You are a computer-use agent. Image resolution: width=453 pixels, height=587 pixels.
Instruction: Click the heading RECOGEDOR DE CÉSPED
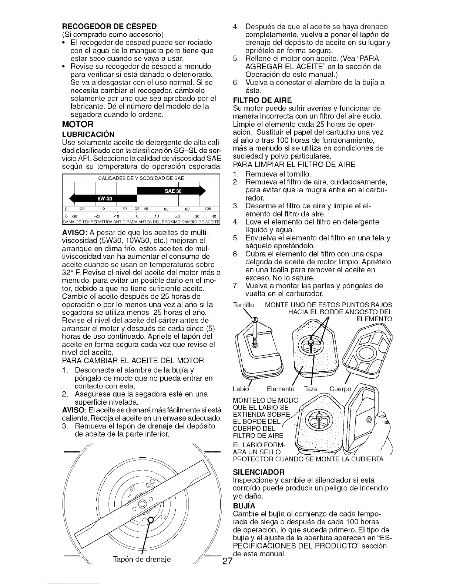pyautogui.click(x=109, y=26)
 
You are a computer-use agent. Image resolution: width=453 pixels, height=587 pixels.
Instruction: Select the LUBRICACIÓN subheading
pyautogui.click(x=88, y=134)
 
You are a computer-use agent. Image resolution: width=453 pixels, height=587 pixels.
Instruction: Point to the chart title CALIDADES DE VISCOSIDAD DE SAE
pyautogui.click(x=141, y=178)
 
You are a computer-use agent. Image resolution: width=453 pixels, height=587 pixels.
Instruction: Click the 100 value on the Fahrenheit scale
pyautogui.click(x=208, y=209)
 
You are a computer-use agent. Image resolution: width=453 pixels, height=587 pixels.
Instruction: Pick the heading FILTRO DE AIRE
pyautogui.click(x=262, y=100)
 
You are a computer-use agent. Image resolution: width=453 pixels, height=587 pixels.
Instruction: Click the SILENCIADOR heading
pyautogui.click(x=259, y=472)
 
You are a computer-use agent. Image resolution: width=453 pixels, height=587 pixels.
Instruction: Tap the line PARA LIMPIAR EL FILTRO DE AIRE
pyautogui.click(x=294, y=164)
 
